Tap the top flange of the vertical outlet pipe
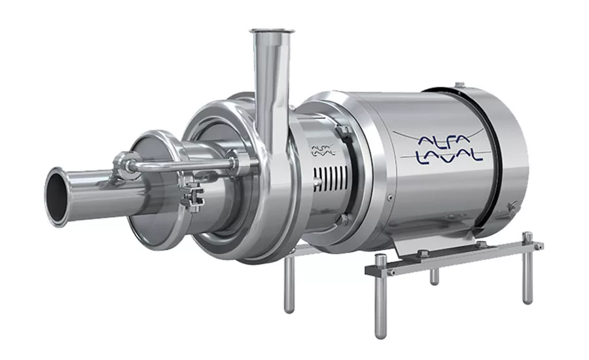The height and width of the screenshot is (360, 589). click(x=272, y=31)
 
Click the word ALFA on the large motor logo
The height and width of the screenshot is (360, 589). click(x=444, y=140)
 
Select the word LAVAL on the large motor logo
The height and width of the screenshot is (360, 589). click(x=449, y=156)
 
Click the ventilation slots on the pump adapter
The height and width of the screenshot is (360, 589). click(x=331, y=179)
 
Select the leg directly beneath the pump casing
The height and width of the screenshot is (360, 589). click(x=289, y=285)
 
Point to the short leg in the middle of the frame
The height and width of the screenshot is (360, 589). click(x=435, y=276)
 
